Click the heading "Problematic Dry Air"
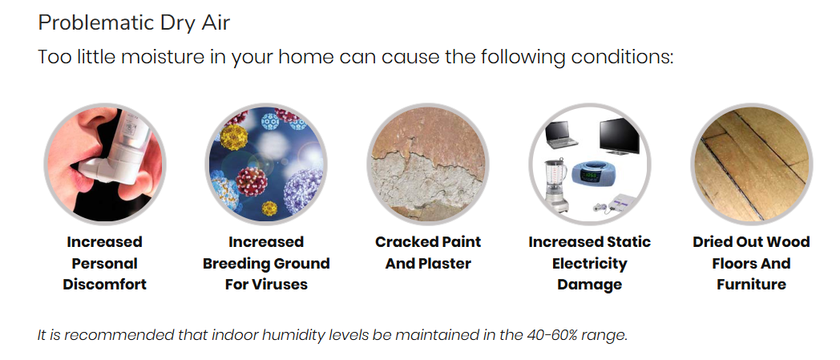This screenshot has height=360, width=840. [x=134, y=23]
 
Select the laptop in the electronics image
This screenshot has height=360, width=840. [x=560, y=135]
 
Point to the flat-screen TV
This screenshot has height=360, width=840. [x=620, y=136]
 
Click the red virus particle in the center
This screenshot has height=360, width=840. [x=251, y=181]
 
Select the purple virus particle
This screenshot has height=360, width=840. [x=303, y=191]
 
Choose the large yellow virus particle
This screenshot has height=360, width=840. [x=234, y=136]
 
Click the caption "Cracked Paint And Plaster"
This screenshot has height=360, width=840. [x=428, y=253]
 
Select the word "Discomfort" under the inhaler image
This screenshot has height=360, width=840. [x=104, y=284]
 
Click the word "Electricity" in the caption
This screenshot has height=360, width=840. [x=589, y=263]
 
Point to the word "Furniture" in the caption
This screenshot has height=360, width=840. [x=751, y=284]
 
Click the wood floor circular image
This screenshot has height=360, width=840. [x=751, y=164]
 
